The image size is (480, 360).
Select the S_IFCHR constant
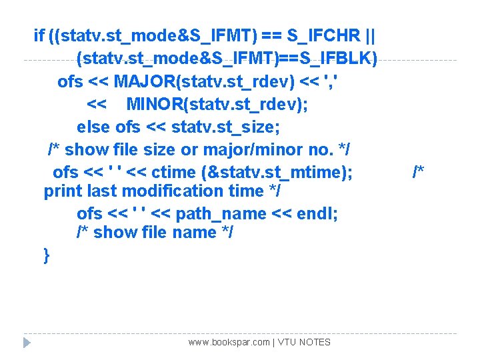(325, 35)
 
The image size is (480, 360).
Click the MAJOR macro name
(145, 82)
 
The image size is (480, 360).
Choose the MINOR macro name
(158, 105)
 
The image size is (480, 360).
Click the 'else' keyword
(93, 127)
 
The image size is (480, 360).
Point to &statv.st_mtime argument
(277, 172)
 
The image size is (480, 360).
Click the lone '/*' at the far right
(419, 172)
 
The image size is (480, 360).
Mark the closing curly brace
(46, 255)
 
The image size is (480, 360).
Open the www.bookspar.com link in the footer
(229, 342)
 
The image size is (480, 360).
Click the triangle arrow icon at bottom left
(27, 343)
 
